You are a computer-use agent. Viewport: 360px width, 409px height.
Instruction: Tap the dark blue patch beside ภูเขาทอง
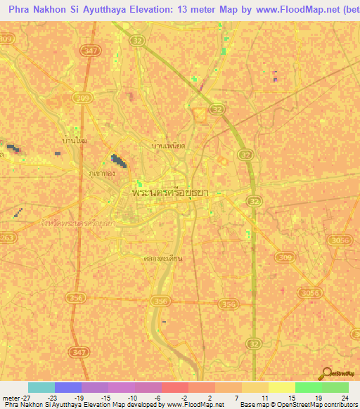[x=120, y=161]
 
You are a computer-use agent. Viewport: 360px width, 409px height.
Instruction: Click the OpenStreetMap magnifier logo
[x=326, y=373]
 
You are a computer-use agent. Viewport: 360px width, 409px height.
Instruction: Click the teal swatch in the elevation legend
[x=41, y=387]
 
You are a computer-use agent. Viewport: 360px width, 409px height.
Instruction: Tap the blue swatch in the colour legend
[x=68, y=387]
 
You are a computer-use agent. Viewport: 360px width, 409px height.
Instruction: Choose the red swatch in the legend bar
[x=175, y=387]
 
